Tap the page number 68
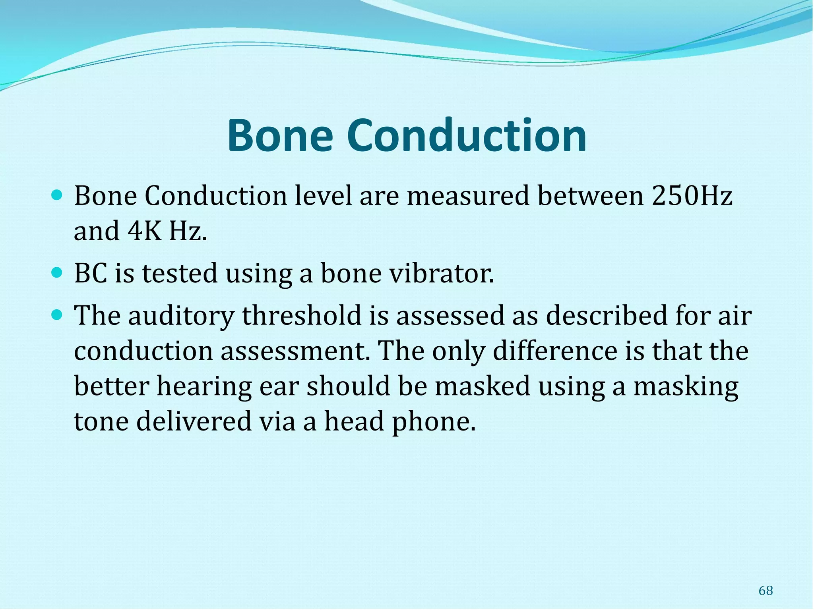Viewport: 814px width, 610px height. pyautogui.click(x=766, y=591)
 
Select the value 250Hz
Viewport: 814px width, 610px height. pyautogui.click(x=692, y=196)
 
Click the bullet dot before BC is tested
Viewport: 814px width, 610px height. pyautogui.click(x=58, y=273)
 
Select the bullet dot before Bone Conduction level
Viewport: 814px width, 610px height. pyautogui.click(x=58, y=195)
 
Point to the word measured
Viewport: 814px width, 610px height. pyautogui.click(x=468, y=196)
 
